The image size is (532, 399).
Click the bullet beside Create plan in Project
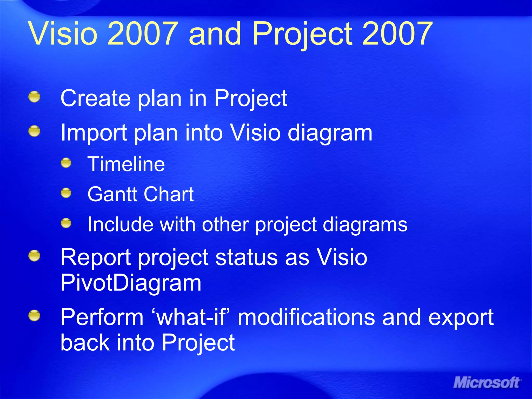coord(34,97)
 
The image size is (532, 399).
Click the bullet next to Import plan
coord(34,131)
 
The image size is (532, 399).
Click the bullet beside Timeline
coord(66,163)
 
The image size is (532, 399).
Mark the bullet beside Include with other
coord(66,223)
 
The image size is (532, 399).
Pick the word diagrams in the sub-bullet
coord(365,225)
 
